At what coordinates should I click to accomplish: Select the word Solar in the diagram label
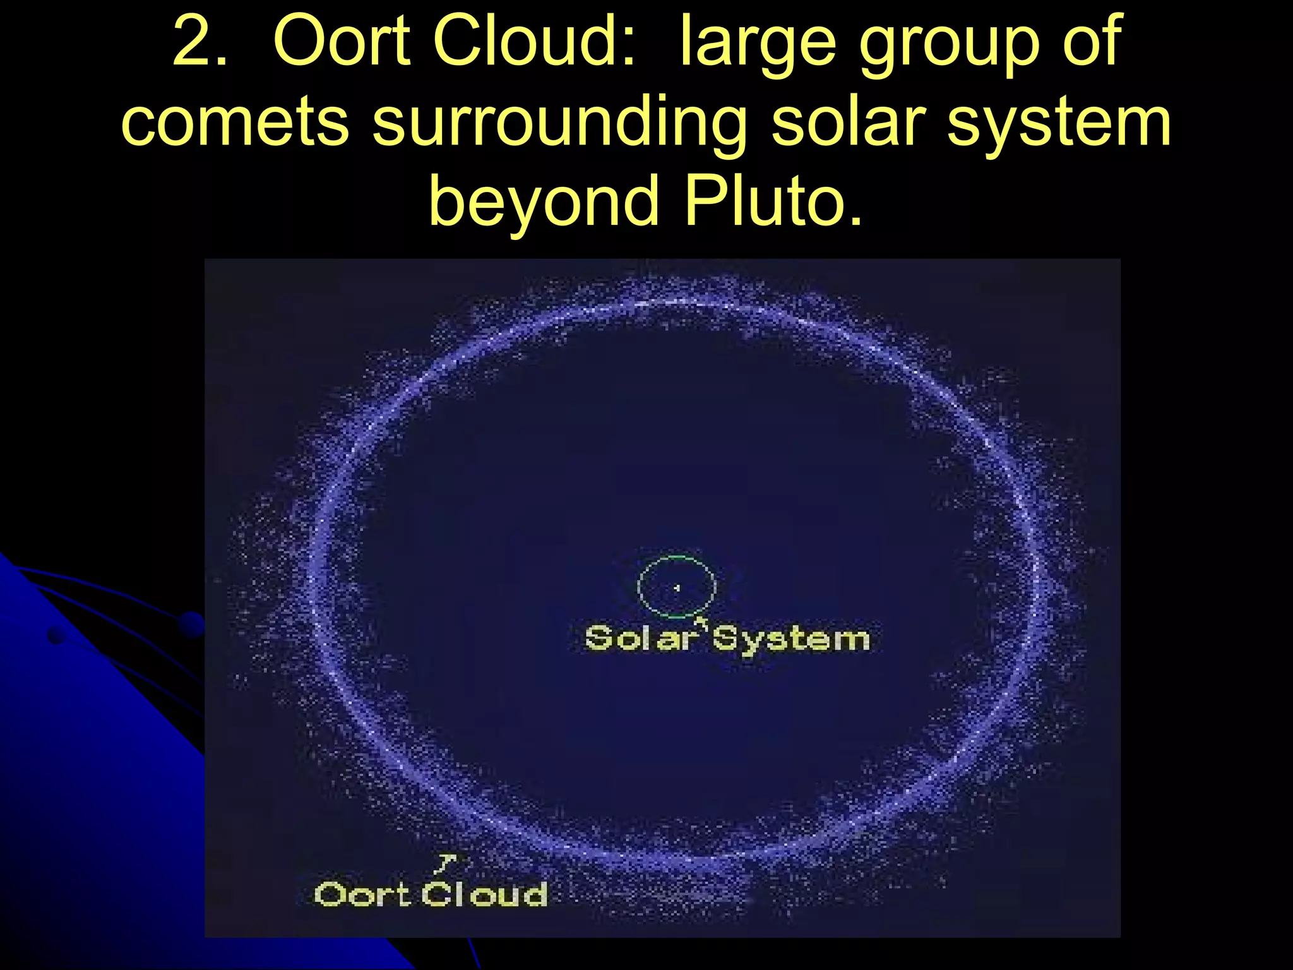tap(640, 638)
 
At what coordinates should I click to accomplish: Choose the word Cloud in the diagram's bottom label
tap(484, 894)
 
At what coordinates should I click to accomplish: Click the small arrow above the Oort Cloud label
tap(446, 862)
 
